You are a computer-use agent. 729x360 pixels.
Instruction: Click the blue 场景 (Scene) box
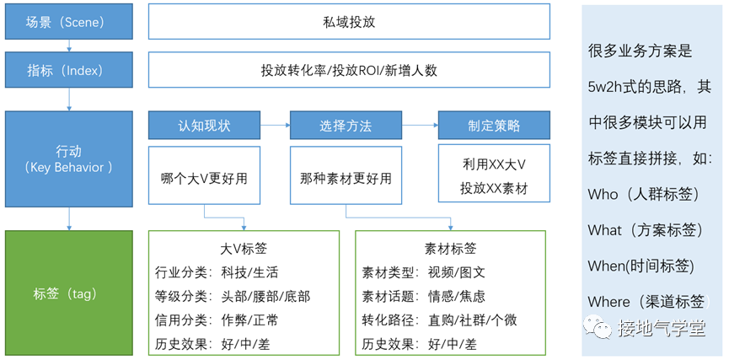68,22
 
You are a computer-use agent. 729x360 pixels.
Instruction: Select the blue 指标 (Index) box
68,71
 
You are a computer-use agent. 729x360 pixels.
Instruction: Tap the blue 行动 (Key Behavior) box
68,159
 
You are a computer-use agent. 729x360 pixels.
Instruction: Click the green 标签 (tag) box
68,293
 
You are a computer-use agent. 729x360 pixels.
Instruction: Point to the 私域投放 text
349,23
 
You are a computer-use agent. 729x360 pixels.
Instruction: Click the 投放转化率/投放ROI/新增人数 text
349,71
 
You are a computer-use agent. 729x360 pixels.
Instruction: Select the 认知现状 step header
204,126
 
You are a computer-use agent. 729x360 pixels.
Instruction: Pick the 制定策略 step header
494,126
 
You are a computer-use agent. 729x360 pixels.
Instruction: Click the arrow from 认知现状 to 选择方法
275,126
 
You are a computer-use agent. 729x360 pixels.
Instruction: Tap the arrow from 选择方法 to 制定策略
420,126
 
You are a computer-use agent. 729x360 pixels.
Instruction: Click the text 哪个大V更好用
204,179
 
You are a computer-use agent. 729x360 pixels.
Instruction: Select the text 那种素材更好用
346,179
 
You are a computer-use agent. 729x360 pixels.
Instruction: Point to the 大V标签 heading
244,249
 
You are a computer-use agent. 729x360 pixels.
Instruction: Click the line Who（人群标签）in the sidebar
644,194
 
